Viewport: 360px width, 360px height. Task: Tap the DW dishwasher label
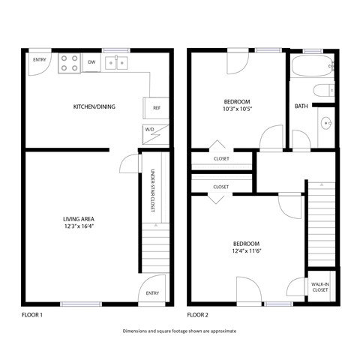coord(91,62)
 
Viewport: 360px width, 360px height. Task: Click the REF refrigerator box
coord(157,108)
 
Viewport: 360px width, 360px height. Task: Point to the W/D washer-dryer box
coord(151,130)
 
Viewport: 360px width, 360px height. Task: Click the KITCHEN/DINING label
coord(94,107)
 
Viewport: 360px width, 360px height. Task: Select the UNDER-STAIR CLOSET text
coord(152,190)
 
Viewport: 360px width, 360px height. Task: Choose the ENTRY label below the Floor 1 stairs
coord(152,293)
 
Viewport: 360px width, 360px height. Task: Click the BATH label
coord(301,106)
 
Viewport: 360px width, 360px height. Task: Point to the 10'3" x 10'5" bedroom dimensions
coord(236,109)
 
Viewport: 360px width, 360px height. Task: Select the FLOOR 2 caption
coord(198,315)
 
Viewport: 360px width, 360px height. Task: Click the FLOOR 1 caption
coord(32,315)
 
